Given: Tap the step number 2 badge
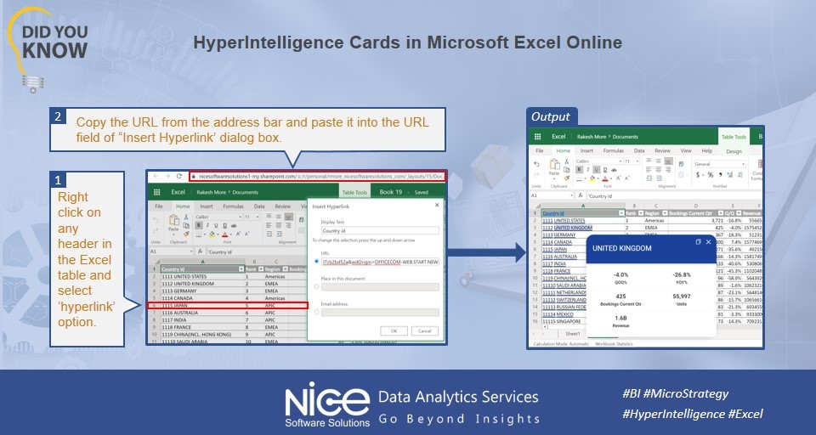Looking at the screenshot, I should click(58, 116).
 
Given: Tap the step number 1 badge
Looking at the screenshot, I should click(58, 180).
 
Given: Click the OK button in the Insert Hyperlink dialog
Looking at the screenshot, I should click(394, 330).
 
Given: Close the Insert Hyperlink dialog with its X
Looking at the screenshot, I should click(438, 205).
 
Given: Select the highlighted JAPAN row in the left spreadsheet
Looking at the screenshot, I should click(227, 305).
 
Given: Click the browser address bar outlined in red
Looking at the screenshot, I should click(316, 176).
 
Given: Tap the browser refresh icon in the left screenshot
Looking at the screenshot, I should click(180, 176).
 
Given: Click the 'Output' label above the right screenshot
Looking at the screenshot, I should click(551, 116).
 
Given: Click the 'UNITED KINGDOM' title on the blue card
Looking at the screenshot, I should click(622, 248).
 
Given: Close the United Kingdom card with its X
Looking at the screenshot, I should click(708, 242).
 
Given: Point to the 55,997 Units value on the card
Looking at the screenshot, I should click(682, 296).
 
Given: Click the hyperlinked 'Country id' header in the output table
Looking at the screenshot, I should click(554, 212).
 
